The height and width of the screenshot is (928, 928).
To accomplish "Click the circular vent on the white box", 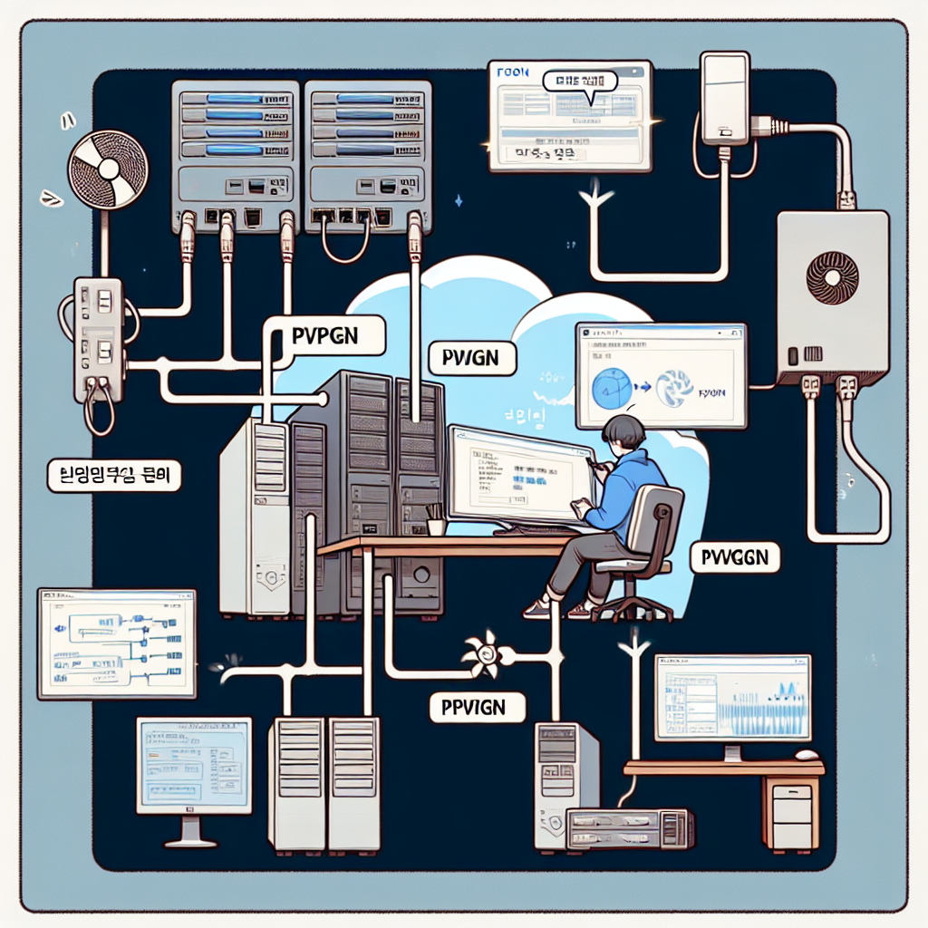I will (832, 277).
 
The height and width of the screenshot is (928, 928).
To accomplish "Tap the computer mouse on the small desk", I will (806, 755).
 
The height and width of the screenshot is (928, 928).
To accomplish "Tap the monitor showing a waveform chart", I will (732, 699).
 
